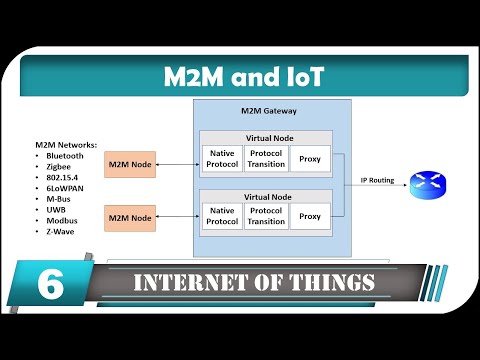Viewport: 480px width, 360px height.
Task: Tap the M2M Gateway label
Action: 269,111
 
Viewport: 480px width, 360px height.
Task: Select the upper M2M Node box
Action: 130,164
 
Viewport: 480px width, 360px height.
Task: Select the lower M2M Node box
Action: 130,217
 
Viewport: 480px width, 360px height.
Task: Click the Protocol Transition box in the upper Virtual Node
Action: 266,160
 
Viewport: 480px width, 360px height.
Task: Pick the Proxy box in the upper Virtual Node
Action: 310,160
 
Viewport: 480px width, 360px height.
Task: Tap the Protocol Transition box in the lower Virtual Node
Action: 266,215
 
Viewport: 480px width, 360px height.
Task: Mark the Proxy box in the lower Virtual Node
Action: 310,215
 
